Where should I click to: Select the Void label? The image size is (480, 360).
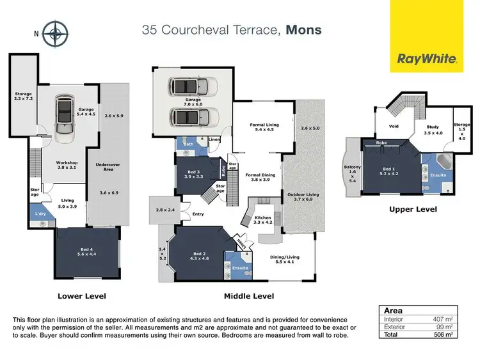pyautogui.click(x=394, y=126)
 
